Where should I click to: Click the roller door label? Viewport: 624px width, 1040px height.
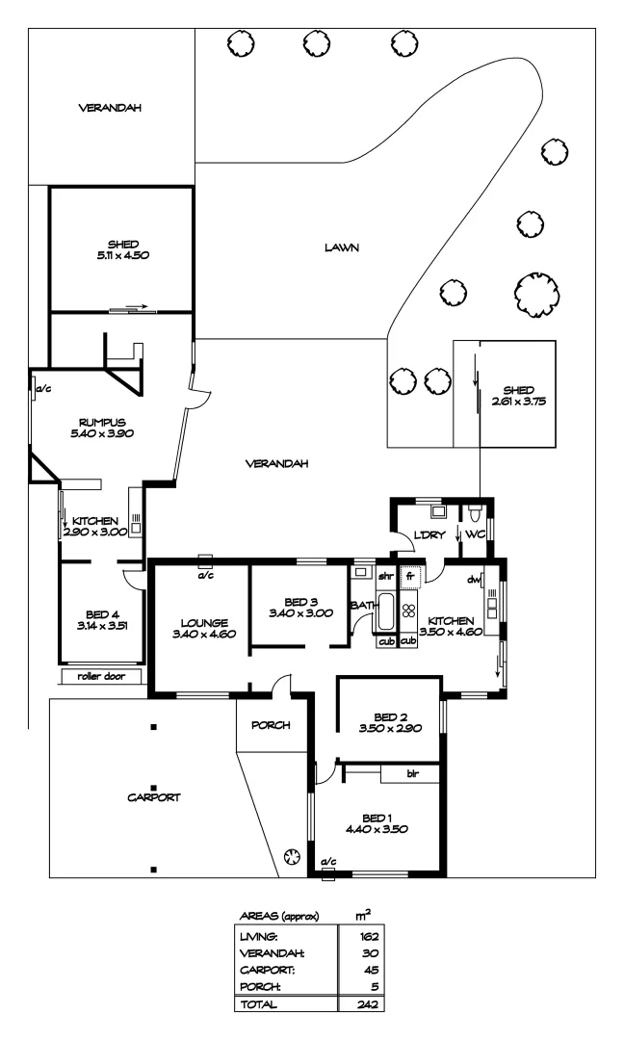pyautogui.click(x=101, y=676)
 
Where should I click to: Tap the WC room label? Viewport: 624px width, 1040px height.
pyautogui.click(x=475, y=534)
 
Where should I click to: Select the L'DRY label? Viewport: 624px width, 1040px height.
pyautogui.click(x=429, y=534)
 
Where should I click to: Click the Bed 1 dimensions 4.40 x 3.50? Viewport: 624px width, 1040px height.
pyautogui.click(x=377, y=829)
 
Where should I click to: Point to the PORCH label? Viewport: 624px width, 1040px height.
pyautogui.click(x=271, y=725)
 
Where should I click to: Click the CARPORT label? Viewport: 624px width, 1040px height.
pyautogui.click(x=154, y=797)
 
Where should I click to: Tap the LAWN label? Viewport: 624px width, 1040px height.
pyautogui.click(x=342, y=247)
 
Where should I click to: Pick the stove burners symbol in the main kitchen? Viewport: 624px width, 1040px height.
pyautogui.click(x=408, y=611)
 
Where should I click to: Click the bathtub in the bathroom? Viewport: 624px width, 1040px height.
pyautogui.click(x=386, y=612)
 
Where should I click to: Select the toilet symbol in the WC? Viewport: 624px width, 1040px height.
pyautogui.click(x=474, y=514)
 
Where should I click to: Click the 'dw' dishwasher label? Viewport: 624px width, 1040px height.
pyautogui.click(x=474, y=580)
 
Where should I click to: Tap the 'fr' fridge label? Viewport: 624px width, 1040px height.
pyautogui.click(x=410, y=577)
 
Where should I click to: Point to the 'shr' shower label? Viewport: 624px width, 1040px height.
pyautogui.click(x=386, y=577)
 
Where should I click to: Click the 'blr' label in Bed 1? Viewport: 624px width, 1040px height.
pyautogui.click(x=412, y=773)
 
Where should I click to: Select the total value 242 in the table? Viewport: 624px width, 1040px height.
pyautogui.click(x=367, y=1004)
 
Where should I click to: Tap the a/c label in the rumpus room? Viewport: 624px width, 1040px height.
pyautogui.click(x=43, y=389)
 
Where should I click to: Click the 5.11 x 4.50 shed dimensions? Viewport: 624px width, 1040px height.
pyautogui.click(x=123, y=255)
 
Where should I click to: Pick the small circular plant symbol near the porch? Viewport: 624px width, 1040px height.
pyautogui.click(x=291, y=856)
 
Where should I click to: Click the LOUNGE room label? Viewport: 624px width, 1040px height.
pyautogui.click(x=204, y=623)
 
